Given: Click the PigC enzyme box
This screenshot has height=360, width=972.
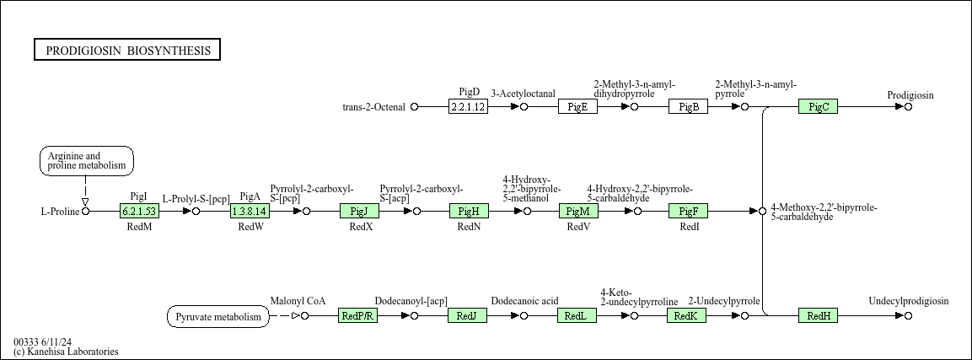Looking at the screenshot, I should [819, 107].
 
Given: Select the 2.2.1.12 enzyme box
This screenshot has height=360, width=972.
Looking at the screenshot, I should [468, 107].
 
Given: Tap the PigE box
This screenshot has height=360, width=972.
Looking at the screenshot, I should [577, 107].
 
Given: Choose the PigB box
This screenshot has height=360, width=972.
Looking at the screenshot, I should [688, 107].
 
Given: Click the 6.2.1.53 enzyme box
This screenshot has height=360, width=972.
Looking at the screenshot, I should [139, 212].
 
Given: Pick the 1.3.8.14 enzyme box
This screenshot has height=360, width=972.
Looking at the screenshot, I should [250, 212].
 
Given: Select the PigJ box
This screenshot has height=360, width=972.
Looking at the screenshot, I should [359, 212].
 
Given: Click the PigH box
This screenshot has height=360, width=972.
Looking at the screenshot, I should [469, 212].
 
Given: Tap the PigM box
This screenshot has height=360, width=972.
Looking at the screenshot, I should [578, 212].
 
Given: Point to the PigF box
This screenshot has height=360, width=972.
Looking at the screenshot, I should [688, 212].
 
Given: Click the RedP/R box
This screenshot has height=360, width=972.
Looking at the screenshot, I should [358, 316].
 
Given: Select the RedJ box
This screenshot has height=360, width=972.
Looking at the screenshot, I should [467, 316].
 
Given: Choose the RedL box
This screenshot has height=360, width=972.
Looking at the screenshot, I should [577, 316].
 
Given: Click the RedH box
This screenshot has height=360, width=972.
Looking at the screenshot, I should [819, 316].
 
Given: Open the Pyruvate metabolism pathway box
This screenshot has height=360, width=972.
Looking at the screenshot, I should [218, 317].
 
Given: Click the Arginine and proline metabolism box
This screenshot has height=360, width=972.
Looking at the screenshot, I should [86, 161].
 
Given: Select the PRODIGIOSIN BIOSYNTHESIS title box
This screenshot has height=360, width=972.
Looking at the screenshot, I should [128, 51].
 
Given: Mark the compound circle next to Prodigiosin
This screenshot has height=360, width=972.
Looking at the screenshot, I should [908, 107].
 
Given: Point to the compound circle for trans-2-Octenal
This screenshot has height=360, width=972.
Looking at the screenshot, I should [414, 107].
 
